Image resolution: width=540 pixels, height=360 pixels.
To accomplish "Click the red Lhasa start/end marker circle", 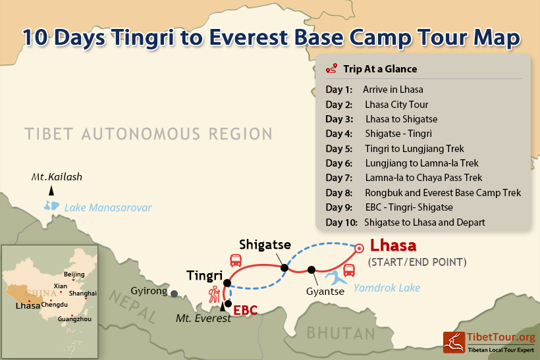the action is coord(359,248).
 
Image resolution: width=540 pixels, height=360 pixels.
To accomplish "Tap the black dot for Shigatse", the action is coord(284,268).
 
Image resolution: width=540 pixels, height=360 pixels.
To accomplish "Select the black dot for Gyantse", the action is coord(311,270).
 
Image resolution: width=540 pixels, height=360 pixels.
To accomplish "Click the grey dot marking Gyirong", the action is coord(175,294).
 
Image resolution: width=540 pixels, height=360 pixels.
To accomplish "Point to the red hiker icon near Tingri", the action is coord(214,294).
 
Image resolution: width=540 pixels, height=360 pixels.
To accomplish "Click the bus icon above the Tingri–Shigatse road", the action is coord(236,261).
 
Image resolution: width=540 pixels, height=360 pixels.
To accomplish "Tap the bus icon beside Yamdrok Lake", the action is coord(349,270).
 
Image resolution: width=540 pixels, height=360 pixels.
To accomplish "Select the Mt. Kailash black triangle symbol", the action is coord(51,190).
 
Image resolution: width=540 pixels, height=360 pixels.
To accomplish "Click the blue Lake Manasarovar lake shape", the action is coord(51,206).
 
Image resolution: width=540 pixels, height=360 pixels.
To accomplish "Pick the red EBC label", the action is coord(245,310).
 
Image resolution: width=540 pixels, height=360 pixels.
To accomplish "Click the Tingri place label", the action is coord(205,276).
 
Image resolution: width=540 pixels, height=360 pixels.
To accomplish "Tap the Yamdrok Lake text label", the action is coord(387,288).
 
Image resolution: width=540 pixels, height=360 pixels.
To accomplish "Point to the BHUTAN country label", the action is coord(340,333).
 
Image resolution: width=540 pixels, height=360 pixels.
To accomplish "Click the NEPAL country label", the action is coord(133,306).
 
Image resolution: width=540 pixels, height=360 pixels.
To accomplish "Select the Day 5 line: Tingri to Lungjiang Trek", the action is coord(394,149).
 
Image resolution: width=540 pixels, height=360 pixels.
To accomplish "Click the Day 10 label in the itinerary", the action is coord(342,222).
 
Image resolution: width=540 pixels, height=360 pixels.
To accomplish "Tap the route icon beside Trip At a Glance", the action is coord(331,68).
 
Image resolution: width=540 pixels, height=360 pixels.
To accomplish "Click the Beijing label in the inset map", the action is coord(74,274).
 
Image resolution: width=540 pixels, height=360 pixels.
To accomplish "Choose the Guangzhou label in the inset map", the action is coord(74,319).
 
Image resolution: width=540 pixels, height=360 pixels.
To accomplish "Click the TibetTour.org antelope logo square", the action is coord(454,342).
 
